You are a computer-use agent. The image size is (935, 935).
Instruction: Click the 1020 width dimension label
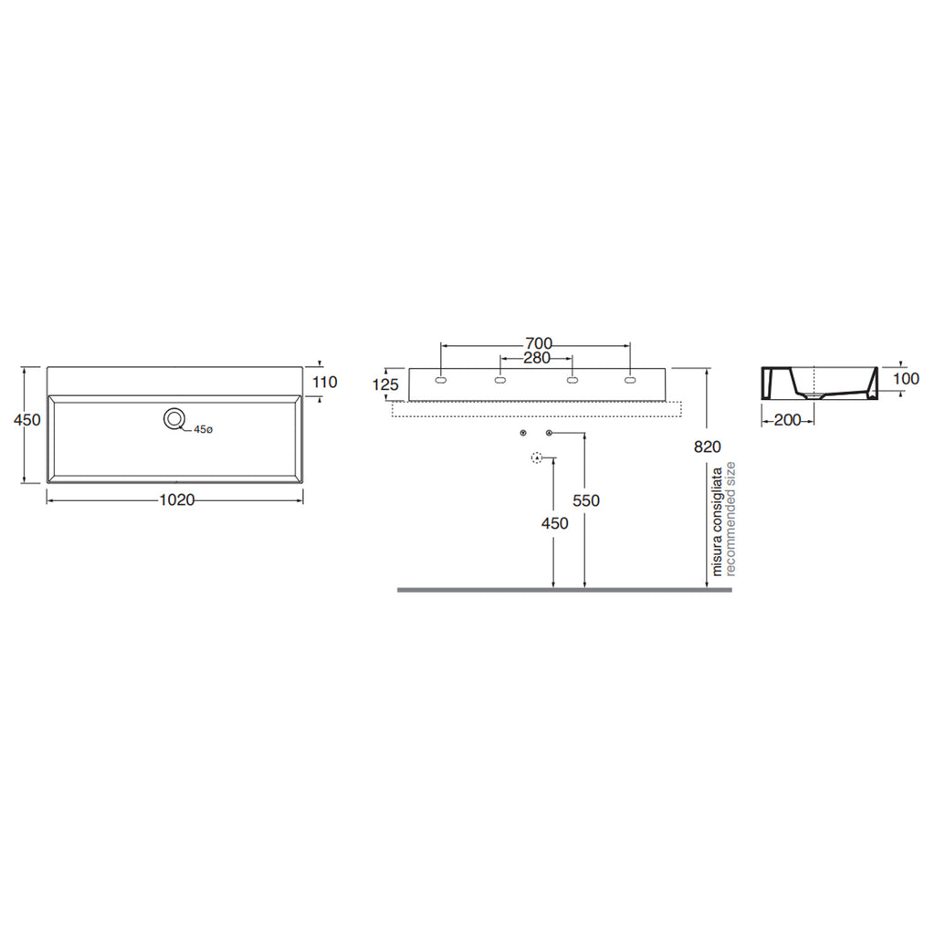177,499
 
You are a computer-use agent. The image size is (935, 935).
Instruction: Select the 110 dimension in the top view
324,383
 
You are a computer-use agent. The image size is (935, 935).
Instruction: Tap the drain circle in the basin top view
174,419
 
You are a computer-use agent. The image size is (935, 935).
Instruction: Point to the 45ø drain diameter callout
203,429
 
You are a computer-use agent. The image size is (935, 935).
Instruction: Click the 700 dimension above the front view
539,343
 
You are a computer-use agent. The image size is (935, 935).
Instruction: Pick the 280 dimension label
537,358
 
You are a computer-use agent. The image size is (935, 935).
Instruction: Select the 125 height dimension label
385,384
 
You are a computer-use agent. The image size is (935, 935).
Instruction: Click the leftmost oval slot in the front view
441,380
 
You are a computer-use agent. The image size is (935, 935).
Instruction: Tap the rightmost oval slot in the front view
630,380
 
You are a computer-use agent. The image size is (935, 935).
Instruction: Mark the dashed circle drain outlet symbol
537,458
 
